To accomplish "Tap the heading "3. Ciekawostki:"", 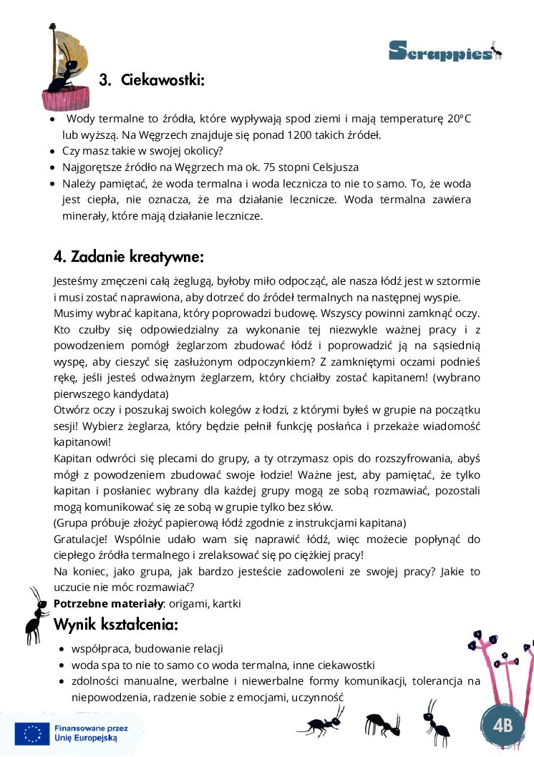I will (152, 80).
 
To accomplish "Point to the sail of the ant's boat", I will (63, 43).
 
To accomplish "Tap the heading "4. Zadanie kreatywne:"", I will (129, 256).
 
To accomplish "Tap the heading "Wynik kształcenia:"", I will (116, 625).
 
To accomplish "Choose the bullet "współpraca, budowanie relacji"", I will (147, 648).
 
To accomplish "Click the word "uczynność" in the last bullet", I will (319, 695).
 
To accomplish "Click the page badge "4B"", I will (503, 725).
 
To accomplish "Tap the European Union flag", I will (32, 734).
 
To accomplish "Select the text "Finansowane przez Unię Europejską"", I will (87, 734).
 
